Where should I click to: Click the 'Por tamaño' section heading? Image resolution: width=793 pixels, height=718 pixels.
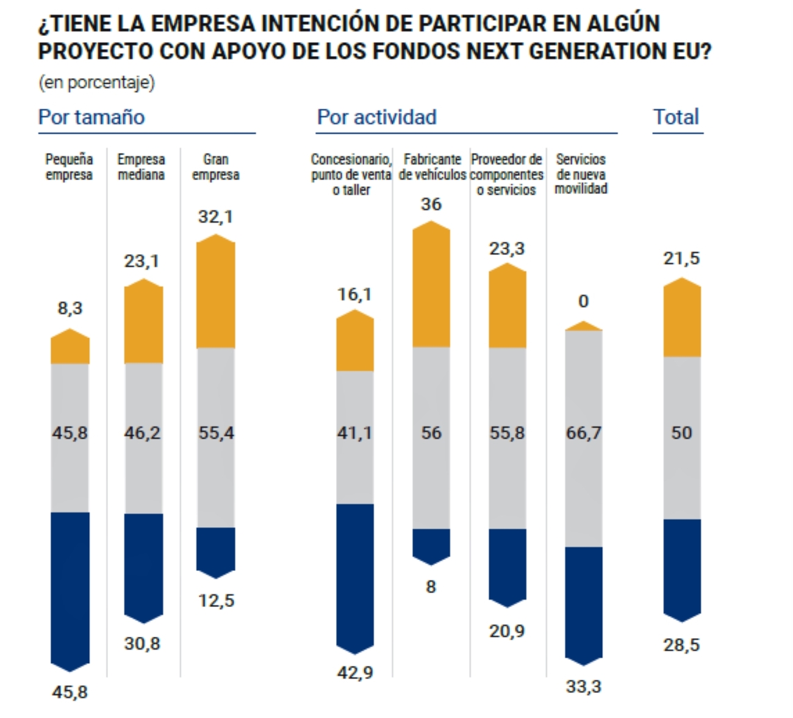91,117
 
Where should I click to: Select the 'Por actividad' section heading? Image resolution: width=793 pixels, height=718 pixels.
376,117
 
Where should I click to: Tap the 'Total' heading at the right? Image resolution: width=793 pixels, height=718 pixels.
676,117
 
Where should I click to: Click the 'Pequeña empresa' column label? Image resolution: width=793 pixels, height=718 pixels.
70,167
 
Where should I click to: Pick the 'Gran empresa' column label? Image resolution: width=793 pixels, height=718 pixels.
216,167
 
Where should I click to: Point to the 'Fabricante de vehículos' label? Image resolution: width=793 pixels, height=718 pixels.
432,167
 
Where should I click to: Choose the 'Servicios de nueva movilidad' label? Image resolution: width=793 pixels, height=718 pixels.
581,174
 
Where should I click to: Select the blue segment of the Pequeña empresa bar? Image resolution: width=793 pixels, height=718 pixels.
70,586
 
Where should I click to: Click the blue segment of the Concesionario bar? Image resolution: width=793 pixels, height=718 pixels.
355,573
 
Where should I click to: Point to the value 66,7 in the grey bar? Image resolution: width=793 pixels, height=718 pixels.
584,433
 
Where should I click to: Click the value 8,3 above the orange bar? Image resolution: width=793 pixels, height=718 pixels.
70,308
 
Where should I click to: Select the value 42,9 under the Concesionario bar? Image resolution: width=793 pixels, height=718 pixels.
355,672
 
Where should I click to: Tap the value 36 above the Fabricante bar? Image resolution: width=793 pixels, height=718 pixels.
431,204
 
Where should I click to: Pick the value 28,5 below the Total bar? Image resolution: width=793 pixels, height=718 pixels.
682,645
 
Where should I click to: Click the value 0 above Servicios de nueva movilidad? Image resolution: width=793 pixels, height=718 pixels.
584,301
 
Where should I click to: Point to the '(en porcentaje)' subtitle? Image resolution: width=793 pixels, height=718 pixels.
97,82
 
